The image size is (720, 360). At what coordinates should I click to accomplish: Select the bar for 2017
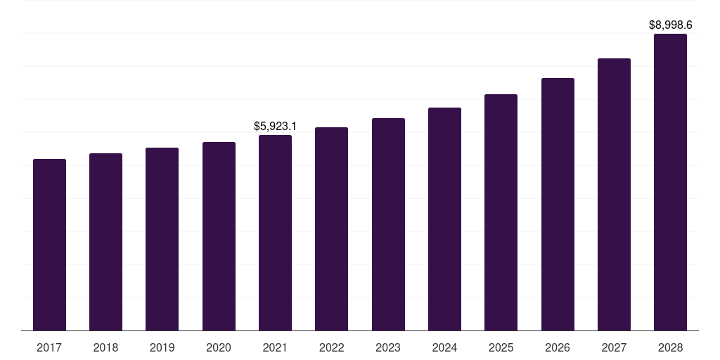(50, 245)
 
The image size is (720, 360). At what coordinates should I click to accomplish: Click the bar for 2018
(105, 242)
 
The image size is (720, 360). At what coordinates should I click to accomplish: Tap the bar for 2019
(162, 239)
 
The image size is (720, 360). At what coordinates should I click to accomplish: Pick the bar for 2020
(219, 236)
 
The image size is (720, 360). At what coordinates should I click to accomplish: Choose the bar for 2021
(275, 233)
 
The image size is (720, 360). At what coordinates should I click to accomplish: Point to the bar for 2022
(332, 229)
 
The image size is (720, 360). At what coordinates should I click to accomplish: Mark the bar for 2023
(388, 224)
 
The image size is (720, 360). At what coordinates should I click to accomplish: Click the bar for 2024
(444, 219)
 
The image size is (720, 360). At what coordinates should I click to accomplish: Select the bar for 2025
(501, 212)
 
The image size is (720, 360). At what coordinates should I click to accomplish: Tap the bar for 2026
(558, 205)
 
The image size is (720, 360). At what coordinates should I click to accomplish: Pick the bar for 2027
(614, 195)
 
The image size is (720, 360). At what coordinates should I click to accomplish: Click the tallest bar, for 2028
(670, 182)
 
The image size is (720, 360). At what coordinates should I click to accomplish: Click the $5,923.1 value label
(275, 127)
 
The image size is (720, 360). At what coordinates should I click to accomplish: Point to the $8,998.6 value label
(670, 25)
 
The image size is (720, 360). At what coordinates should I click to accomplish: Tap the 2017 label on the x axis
(49, 347)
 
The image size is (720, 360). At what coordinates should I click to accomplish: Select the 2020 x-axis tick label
(219, 347)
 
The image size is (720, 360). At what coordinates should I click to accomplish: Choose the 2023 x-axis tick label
(388, 347)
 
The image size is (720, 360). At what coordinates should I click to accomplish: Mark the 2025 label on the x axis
(501, 347)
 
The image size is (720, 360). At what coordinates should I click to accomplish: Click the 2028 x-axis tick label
(670, 347)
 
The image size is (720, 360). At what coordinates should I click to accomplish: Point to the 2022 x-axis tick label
(332, 347)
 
